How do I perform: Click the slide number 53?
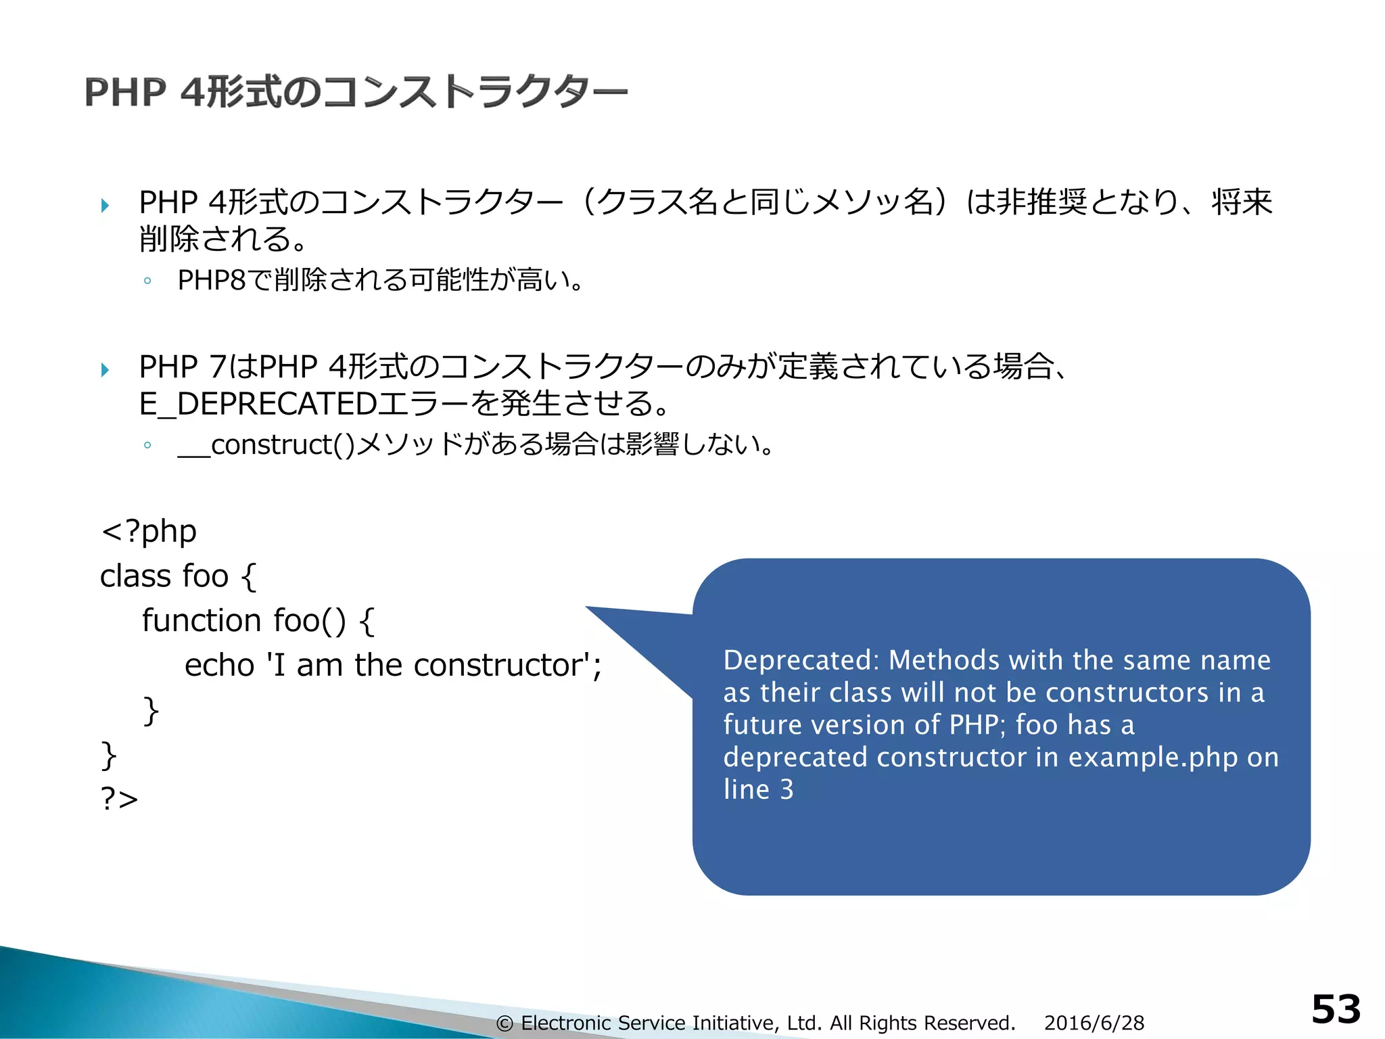coord(1335,1009)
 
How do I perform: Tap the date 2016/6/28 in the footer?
coord(1094,1023)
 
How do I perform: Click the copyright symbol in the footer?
coord(504,1023)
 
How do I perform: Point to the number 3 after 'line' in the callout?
coord(787,789)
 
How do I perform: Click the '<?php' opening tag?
coord(149,532)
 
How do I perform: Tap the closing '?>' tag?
coord(119,798)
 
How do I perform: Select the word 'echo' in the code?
coord(219,665)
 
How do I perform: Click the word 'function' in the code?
coord(202,620)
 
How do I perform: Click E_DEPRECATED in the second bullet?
coord(258,404)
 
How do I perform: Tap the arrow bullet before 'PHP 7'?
coord(105,369)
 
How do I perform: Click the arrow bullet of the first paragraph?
coord(105,204)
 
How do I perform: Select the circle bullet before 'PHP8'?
coord(147,281)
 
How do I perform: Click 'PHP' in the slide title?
coord(125,92)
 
